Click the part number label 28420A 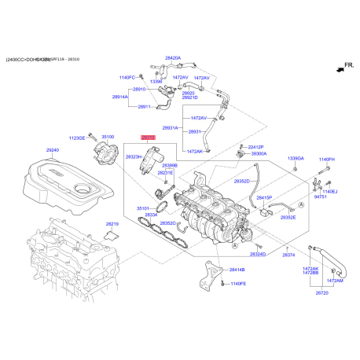pos(173,58)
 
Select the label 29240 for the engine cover pos(53,149)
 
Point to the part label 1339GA pos(296,159)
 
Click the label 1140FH pos(326,160)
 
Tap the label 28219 pos(112,224)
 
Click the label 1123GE pos(77,138)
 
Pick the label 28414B pos(237,270)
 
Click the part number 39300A pos(259,154)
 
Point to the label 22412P pos(256,147)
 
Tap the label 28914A pos(120,97)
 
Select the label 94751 pos(321,199)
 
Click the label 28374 pos(288,255)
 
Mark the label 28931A pos(171,127)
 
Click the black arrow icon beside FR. pos(339,71)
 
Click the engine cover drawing pos(71,185)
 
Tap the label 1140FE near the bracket pos(238,283)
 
